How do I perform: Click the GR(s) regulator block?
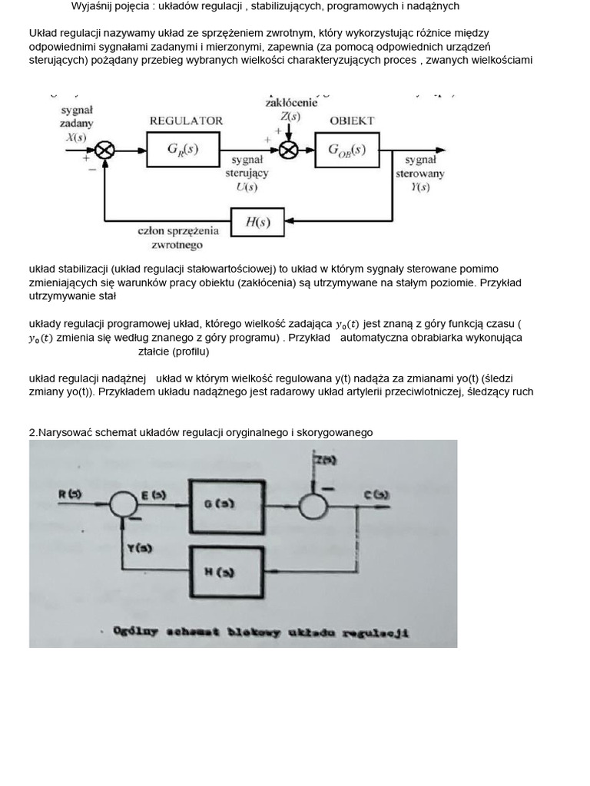(182, 150)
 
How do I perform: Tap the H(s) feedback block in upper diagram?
(257, 223)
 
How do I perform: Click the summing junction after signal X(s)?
(105, 151)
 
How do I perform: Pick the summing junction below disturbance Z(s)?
(288, 150)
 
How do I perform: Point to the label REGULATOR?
(186, 121)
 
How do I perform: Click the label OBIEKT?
(352, 121)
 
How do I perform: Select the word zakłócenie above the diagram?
(290, 102)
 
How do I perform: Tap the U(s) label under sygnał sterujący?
(247, 187)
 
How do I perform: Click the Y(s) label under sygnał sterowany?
(419, 187)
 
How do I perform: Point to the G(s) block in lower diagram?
(220, 504)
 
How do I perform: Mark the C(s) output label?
(376, 495)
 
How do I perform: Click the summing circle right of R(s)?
(121, 505)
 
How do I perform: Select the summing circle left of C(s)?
(313, 505)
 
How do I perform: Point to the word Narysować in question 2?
(65, 432)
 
